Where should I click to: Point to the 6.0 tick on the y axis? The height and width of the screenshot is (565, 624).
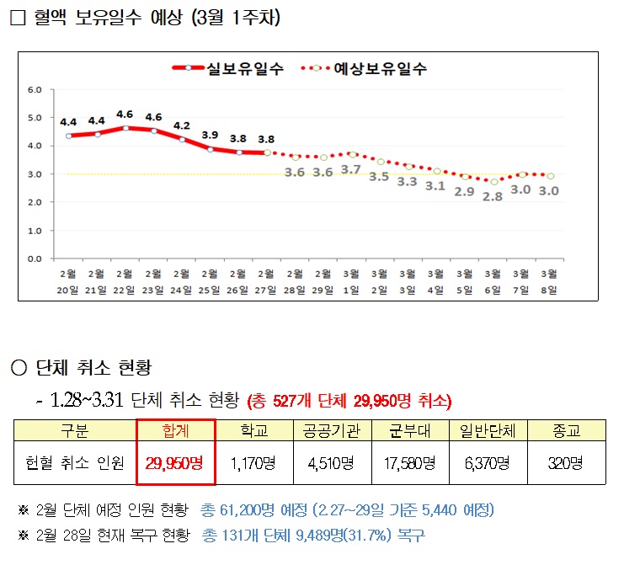pyautogui.click(x=35, y=89)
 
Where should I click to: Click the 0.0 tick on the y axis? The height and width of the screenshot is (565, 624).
pyautogui.click(x=35, y=259)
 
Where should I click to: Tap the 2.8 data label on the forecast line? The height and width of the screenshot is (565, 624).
pyautogui.click(x=493, y=196)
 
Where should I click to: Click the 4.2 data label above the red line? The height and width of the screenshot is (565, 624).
pyautogui.click(x=182, y=125)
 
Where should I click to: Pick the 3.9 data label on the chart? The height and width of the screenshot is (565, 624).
pyautogui.click(x=211, y=135)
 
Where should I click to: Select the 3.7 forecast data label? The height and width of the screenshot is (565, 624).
pyautogui.click(x=351, y=169)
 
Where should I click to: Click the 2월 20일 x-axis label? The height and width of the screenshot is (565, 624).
pyautogui.click(x=67, y=280)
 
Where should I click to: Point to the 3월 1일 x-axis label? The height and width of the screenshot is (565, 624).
pyautogui.click(x=351, y=280)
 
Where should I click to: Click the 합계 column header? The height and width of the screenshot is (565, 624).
pyautogui.click(x=176, y=430)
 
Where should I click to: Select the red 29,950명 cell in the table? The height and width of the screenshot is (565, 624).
pyautogui.click(x=176, y=462)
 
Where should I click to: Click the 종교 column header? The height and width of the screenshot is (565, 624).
pyautogui.click(x=566, y=430)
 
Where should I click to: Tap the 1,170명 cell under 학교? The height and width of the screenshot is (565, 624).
pyautogui.click(x=254, y=462)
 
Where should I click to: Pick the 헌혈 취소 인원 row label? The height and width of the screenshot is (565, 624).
pyautogui.click(x=75, y=462)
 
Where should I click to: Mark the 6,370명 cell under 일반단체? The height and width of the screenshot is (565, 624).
pyautogui.click(x=488, y=462)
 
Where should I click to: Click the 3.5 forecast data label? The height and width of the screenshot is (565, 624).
pyautogui.click(x=379, y=177)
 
